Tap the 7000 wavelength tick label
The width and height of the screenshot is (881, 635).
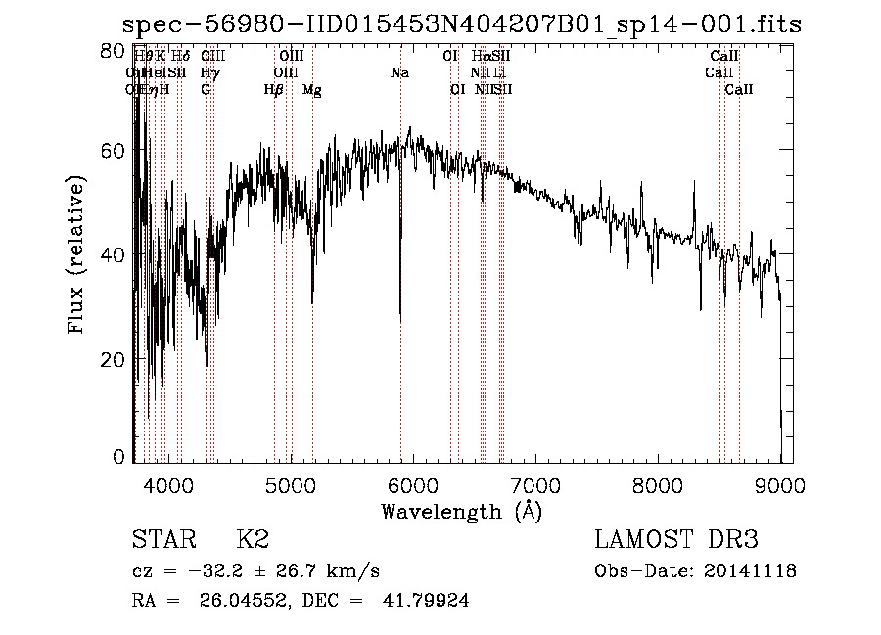[534, 484]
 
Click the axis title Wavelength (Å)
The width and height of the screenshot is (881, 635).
[461, 511]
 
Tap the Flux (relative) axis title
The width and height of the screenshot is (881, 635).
[76, 254]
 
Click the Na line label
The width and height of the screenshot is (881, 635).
[399, 72]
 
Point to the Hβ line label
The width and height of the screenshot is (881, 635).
[274, 89]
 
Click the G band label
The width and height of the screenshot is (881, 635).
[206, 89]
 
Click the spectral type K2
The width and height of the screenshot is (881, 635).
[253, 540]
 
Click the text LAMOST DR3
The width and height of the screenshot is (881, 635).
[676, 540]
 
